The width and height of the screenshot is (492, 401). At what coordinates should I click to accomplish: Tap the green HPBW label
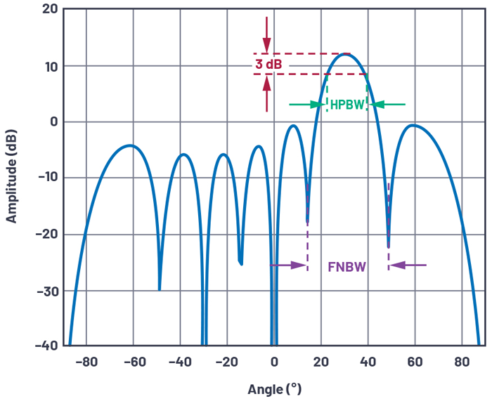[347, 105]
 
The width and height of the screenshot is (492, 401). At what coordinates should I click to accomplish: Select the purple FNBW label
[347, 267]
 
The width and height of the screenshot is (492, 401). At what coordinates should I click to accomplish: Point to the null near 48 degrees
[388, 246]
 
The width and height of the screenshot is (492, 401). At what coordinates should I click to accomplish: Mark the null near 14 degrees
[307, 222]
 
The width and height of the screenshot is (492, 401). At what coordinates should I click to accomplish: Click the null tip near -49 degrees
[160, 289]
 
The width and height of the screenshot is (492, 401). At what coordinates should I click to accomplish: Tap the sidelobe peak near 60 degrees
[414, 126]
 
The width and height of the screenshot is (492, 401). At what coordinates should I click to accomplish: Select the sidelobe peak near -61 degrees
[130, 145]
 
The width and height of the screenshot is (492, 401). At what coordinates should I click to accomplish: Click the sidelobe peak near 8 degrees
[292, 126]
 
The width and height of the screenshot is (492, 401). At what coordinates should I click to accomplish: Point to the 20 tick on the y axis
[49, 9]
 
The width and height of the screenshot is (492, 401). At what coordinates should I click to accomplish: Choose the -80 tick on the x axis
[86, 362]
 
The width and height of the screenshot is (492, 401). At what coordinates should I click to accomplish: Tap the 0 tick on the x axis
[274, 362]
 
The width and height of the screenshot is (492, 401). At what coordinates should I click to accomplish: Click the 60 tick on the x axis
[414, 362]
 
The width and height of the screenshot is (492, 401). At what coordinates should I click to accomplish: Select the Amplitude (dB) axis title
[12, 177]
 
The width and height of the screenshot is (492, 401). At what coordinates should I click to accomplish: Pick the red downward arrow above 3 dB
[266, 29]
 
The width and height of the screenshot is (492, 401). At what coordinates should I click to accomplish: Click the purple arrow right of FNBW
[408, 265]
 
